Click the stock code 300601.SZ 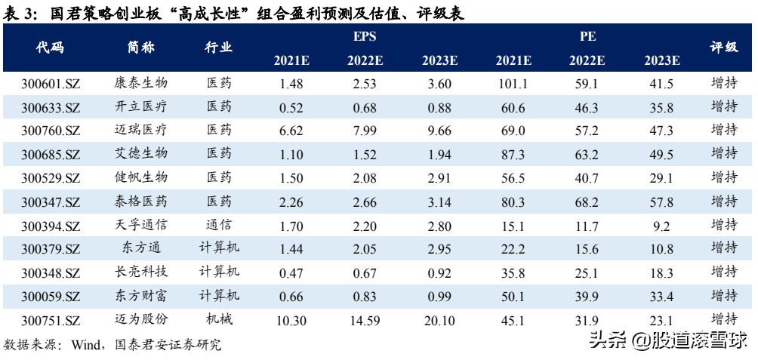(x=51, y=84)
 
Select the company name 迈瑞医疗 (x=141, y=130)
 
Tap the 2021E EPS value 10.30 (x=291, y=320)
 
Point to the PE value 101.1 (x=513, y=84)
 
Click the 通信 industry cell (x=218, y=225)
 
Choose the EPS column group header (x=365, y=37)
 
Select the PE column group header (x=587, y=37)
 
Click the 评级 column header (x=724, y=48)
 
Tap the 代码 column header (x=51, y=48)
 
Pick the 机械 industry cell (x=218, y=319)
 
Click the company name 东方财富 (x=141, y=296)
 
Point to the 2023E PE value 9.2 (x=662, y=226)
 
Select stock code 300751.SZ (x=51, y=321)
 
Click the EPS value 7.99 (x=365, y=131)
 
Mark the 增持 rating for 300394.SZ (x=724, y=225)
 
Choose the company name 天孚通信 (x=141, y=225)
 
